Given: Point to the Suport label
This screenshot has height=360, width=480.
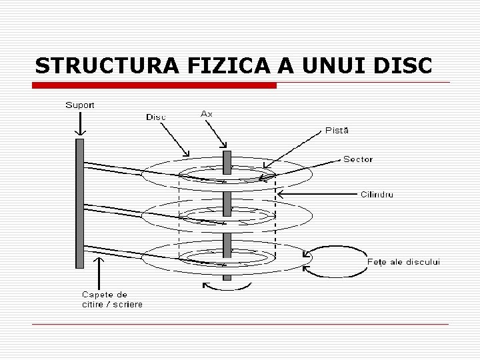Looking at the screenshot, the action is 80,105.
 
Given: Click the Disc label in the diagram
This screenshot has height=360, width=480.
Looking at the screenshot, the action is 156,117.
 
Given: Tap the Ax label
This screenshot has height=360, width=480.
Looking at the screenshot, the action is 207,113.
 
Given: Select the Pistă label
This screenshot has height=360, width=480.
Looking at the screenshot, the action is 337,130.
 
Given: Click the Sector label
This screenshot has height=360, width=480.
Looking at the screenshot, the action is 358,159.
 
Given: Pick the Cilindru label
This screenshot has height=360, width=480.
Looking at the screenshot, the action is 377,195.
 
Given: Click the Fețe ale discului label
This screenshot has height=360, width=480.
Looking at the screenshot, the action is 403,262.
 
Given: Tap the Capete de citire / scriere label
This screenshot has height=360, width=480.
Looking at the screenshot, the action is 112,299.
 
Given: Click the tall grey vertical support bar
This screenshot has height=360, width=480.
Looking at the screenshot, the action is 80,203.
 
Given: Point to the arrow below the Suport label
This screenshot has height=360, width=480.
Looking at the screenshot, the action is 80,123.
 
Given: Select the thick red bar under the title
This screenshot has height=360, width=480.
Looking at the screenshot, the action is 155,86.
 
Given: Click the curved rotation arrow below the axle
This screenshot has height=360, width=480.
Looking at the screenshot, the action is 227,287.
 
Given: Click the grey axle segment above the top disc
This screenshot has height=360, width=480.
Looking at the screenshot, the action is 227,161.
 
